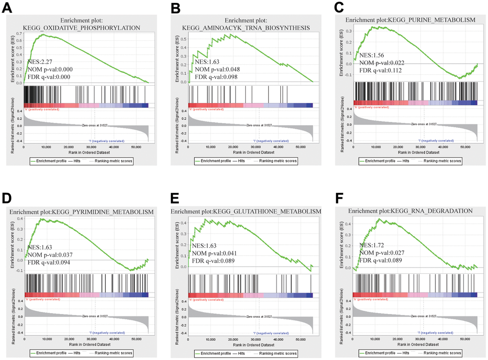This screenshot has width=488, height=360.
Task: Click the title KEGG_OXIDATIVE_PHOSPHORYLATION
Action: [86, 28]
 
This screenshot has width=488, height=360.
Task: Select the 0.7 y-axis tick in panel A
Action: [19, 34]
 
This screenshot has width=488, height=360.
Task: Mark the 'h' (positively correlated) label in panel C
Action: [371, 107]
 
